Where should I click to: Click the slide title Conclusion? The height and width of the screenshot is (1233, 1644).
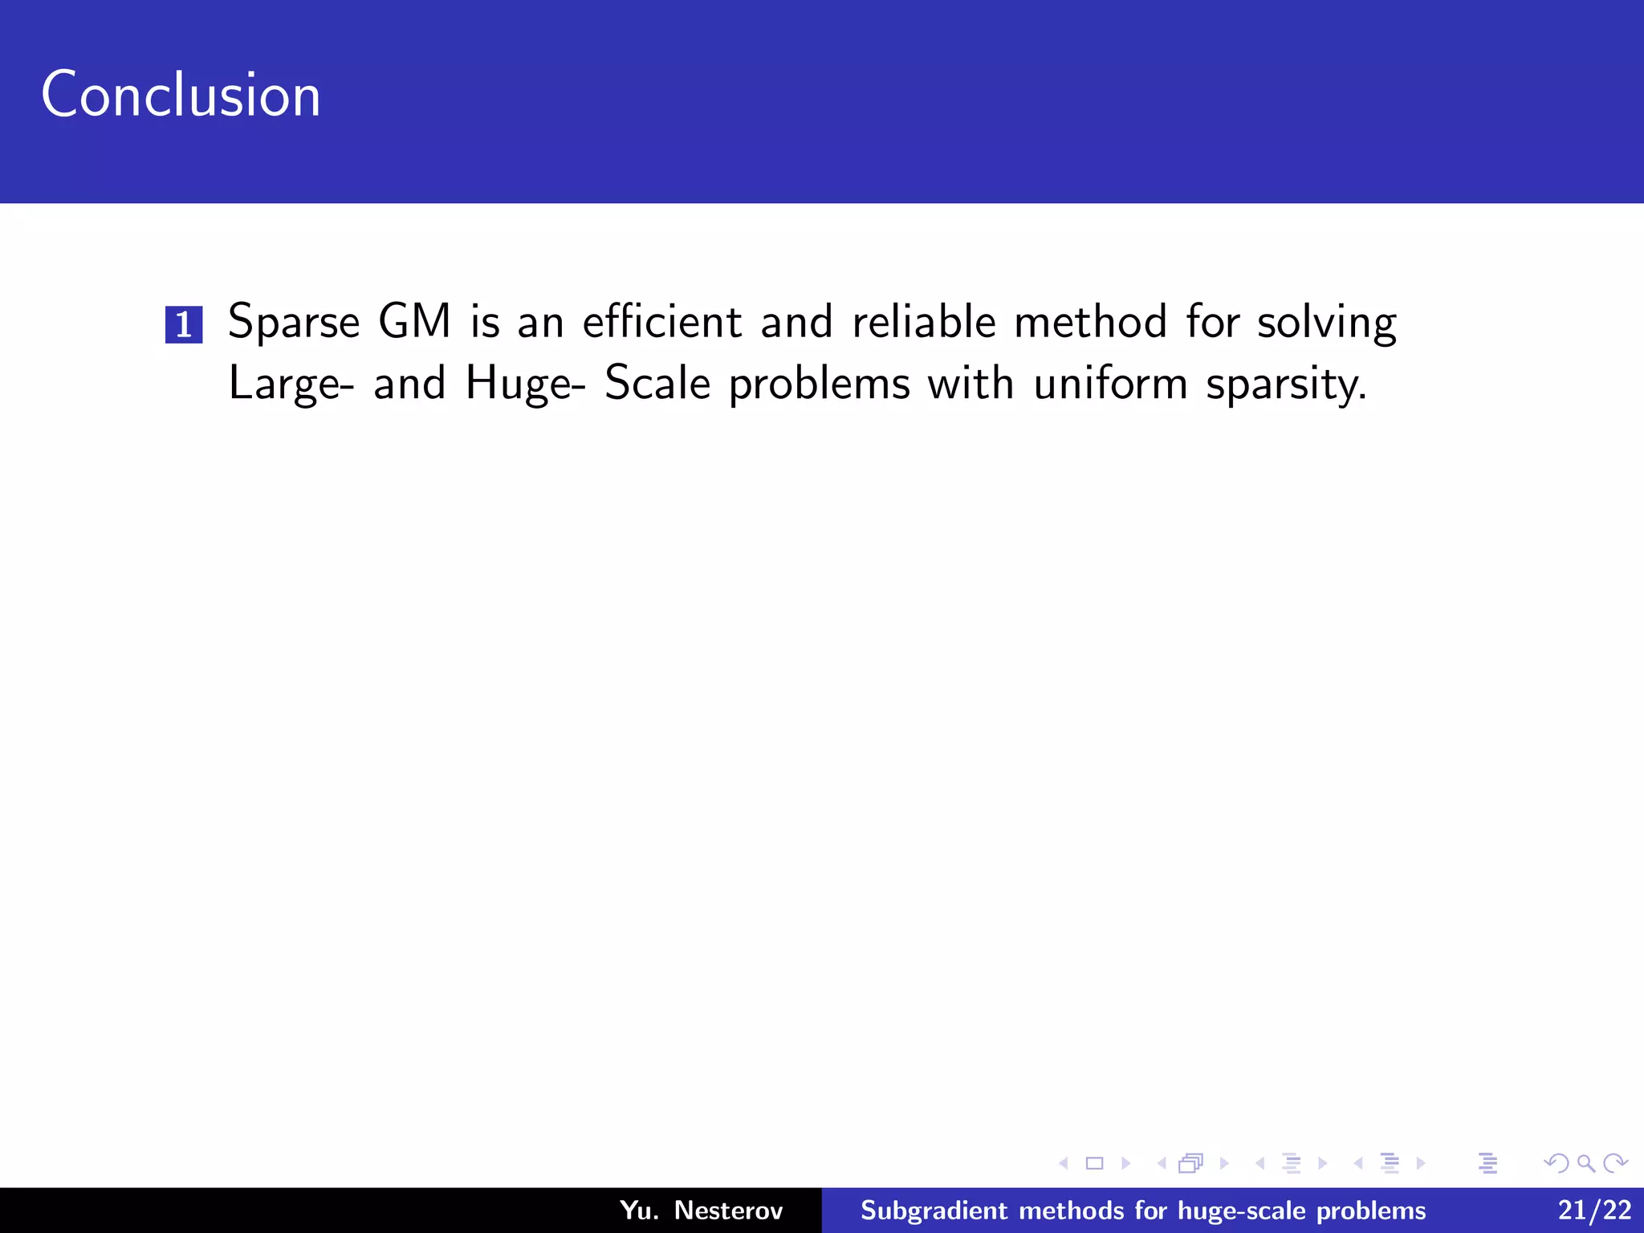point(181,95)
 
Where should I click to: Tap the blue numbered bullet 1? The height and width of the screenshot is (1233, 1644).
point(184,324)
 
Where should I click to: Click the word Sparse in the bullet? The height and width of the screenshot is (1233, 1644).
point(294,323)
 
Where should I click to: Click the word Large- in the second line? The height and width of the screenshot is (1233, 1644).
point(291,385)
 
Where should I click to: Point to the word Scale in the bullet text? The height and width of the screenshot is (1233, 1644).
point(657,383)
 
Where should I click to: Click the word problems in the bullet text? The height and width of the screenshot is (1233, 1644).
point(819,385)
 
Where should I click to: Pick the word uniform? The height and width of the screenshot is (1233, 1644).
point(1110,383)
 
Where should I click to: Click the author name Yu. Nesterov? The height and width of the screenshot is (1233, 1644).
point(701,1210)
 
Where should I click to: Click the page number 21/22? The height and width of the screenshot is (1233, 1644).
point(1594,1210)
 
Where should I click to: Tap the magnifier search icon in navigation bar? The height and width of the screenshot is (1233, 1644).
point(1585,1163)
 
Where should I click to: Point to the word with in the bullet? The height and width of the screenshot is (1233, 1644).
point(971,383)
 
